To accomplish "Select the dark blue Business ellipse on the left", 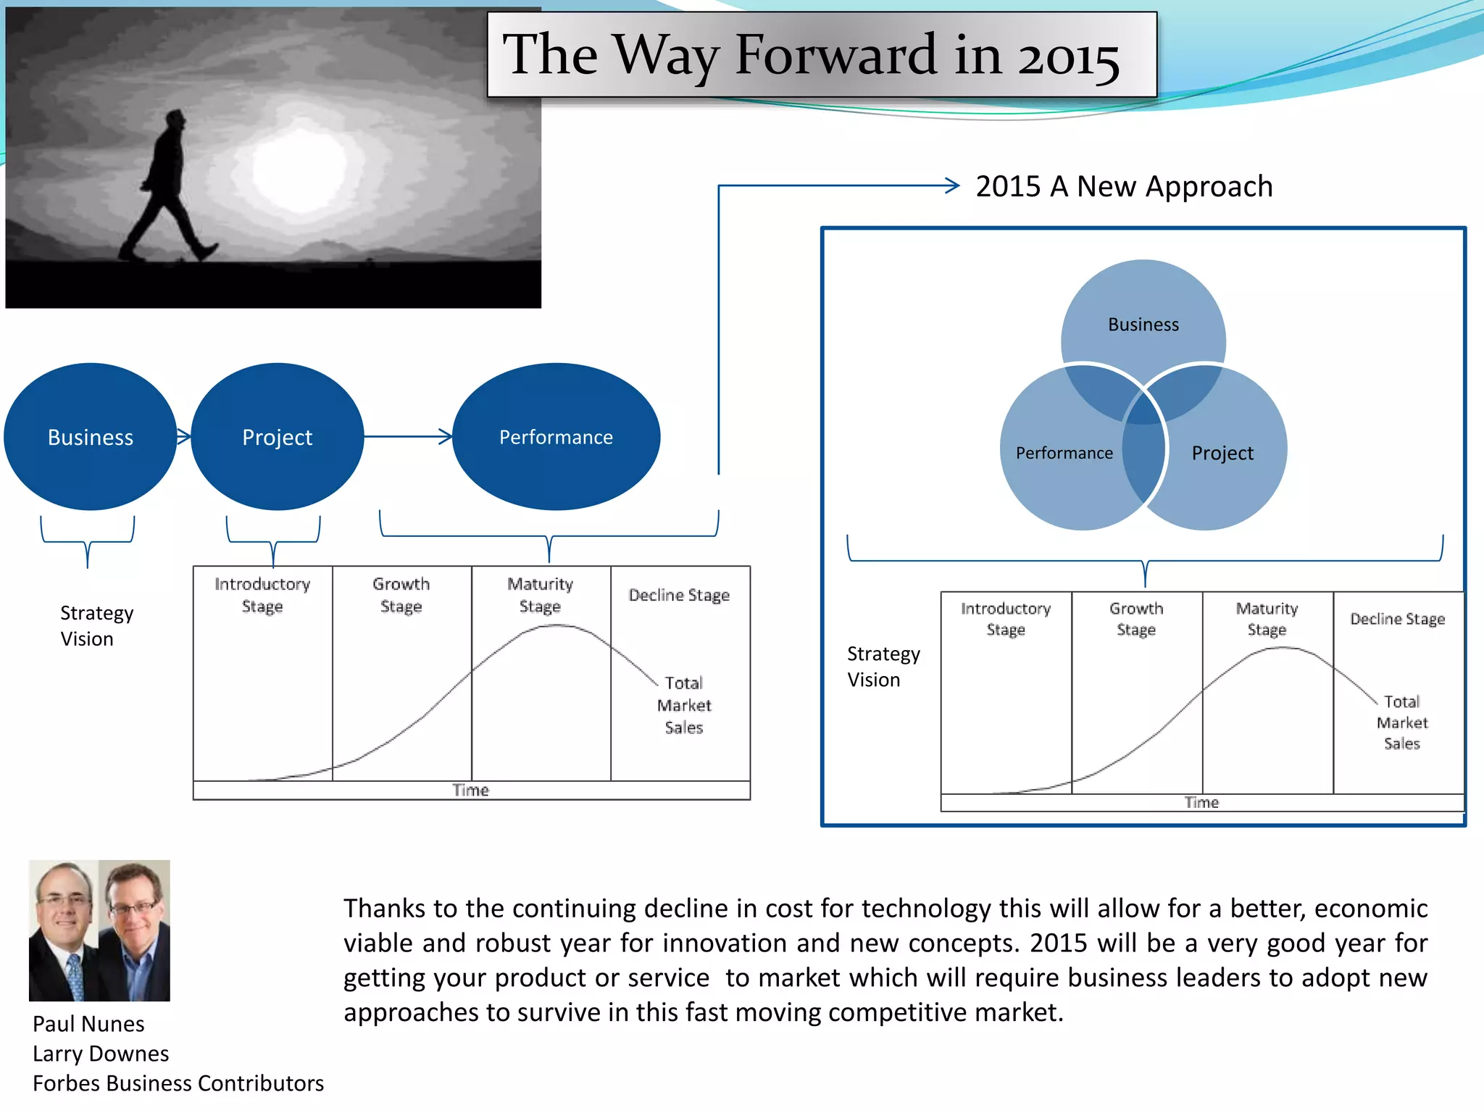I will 90,437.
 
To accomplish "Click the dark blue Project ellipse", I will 277,437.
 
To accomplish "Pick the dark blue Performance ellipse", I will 556,437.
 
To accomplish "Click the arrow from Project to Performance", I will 408,436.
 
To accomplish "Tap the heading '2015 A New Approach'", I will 1123,187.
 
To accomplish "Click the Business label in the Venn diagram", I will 1143,325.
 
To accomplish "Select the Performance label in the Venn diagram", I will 1064,454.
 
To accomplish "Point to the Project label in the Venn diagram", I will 1222,454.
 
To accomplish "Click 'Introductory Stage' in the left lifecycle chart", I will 262,595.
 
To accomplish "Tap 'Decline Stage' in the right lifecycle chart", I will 1397,619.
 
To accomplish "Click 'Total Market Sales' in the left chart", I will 683,705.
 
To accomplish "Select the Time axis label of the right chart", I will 1201,803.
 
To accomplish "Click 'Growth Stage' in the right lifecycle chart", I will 1135,619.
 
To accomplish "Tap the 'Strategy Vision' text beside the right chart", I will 883,667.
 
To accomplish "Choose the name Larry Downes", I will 101,1054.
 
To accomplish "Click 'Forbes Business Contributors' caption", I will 178,1083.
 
